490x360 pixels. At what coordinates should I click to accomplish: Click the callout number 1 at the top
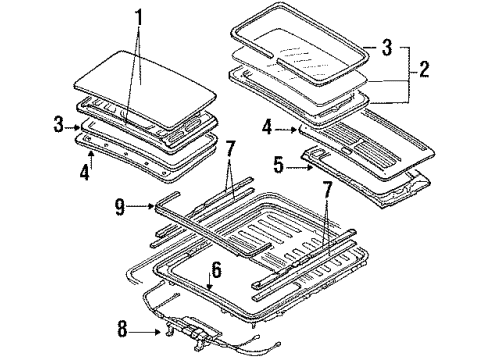click(139, 17)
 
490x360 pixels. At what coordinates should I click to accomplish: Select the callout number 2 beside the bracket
click(424, 69)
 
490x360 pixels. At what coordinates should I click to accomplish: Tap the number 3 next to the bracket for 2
click(387, 47)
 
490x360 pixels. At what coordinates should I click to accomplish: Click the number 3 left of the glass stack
click(59, 125)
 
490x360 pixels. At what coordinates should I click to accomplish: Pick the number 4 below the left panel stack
click(85, 172)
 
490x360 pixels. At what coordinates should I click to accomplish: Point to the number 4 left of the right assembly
click(267, 128)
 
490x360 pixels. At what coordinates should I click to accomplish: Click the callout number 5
click(279, 165)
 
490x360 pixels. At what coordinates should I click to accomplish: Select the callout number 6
click(217, 270)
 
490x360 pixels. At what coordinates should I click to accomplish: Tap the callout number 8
click(123, 329)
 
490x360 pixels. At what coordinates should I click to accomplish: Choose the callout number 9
click(120, 208)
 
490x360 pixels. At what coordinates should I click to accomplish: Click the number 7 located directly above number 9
click(231, 149)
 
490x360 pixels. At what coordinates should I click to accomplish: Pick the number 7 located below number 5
click(327, 189)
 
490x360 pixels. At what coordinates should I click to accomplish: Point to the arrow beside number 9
click(140, 207)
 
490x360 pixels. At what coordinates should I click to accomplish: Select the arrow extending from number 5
click(299, 168)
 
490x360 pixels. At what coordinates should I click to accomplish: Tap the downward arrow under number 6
click(209, 280)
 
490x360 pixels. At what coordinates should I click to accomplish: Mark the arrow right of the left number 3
click(72, 127)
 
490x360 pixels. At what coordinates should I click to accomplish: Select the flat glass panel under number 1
click(144, 90)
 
